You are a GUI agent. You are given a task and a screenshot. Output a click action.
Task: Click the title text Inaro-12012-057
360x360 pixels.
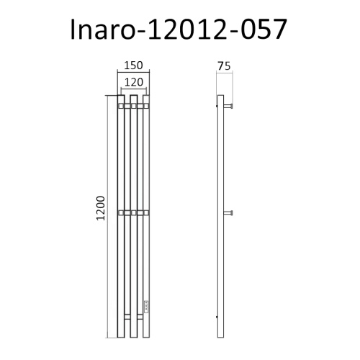tap(180, 30)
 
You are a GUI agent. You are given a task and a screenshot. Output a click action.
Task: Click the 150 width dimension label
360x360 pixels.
tap(132, 66)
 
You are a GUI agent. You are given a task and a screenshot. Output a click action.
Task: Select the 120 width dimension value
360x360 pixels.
tap(132, 81)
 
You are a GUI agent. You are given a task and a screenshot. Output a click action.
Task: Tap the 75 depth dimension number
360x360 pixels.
tap(223, 66)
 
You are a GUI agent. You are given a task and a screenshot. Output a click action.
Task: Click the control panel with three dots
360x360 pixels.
tap(147, 306)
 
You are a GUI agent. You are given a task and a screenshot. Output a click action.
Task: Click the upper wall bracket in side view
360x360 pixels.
tap(230, 107)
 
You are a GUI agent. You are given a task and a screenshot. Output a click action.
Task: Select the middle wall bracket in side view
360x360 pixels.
tap(230, 212)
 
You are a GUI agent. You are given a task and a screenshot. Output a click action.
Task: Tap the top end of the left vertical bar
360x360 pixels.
tap(122, 99)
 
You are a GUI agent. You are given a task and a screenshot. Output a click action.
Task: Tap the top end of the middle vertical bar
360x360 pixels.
tap(133, 99)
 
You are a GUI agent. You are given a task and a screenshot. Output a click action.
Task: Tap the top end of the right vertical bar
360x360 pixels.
tap(145, 99)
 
